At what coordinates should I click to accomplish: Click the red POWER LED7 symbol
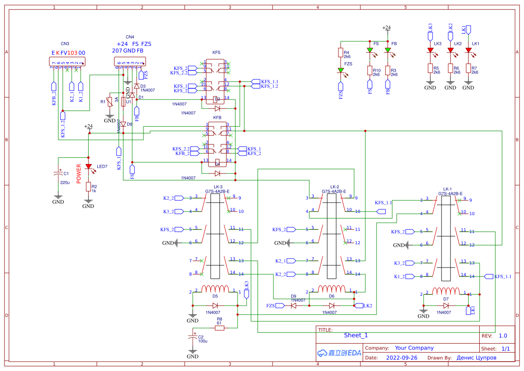[x=88, y=167]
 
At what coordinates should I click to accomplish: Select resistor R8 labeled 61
[x=219, y=328]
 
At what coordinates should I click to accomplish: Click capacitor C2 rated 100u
[x=192, y=336]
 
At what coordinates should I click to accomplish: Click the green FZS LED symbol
[x=341, y=70]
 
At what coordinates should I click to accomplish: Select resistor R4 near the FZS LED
[x=341, y=53]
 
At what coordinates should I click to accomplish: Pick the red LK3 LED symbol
[x=430, y=50]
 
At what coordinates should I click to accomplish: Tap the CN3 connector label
[x=65, y=44]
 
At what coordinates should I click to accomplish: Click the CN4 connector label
[x=130, y=37]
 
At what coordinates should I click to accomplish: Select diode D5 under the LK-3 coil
[x=215, y=306]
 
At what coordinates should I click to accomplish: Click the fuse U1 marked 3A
[x=123, y=102]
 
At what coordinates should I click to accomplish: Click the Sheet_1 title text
[x=355, y=335]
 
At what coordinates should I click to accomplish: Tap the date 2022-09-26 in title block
[x=401, y=358]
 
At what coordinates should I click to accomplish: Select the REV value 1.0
[x=503, y=336]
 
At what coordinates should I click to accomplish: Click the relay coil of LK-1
[x=446, y=291]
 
